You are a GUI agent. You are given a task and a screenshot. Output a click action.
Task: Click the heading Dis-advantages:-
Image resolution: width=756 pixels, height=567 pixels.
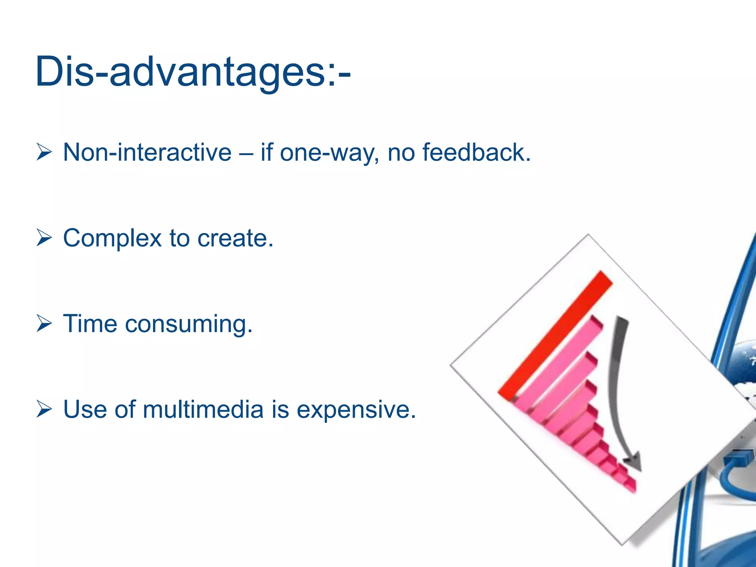[x=193, y=72]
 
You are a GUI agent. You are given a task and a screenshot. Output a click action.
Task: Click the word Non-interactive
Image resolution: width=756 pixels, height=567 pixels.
[x=147, y=152]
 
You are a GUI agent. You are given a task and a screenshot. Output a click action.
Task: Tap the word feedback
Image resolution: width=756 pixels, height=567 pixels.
[x=476, y=152]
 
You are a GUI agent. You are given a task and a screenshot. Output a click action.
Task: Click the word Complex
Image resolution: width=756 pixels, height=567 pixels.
[x=112, y=238]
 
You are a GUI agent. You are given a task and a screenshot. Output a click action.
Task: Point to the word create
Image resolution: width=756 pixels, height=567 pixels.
[x=235, y=238]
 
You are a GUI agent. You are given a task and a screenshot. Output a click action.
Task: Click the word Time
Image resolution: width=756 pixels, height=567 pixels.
[x=90, y=324]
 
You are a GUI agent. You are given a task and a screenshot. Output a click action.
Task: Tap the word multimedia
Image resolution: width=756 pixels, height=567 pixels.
[x=203, y=409]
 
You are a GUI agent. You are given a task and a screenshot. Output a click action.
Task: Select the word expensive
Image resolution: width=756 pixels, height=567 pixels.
[x=356, y=410]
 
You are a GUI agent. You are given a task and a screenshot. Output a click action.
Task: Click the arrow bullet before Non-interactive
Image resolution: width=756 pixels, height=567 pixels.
[x=44, y=152]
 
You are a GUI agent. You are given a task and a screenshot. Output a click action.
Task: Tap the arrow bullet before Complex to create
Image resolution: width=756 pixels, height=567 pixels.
[x=44, y=238]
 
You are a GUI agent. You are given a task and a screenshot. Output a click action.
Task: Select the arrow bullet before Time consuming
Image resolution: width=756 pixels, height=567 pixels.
[x=44, y=324]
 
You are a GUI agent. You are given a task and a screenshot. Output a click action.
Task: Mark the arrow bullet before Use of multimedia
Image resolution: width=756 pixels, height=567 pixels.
[x=44, y=409]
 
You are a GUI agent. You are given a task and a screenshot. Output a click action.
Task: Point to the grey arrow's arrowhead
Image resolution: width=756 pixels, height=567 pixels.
[x=633, y=463]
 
